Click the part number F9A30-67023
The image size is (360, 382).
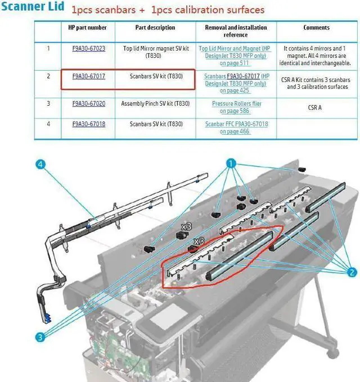click(x=89, y=48)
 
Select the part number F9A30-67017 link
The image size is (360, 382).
click(x=89, y=76)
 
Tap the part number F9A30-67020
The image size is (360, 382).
click(x=89, y=104)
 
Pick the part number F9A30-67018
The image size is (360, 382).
click(x=89, y=124)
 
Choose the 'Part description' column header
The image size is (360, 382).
click(x=155, y=28)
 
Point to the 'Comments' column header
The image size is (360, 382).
click(x=317, y=28)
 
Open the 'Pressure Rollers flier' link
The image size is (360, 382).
click(x=236, y=104)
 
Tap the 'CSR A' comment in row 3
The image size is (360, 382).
click(x=315, y=107)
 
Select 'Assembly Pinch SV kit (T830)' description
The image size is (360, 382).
click(x=155, y=104)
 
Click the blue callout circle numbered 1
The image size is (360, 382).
click(x=231, y=163)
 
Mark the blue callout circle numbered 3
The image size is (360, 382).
click(x=41, y=338)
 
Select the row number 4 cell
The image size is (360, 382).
click(x=48, y=124)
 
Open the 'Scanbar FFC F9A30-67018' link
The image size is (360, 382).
click(x=236, y=124)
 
